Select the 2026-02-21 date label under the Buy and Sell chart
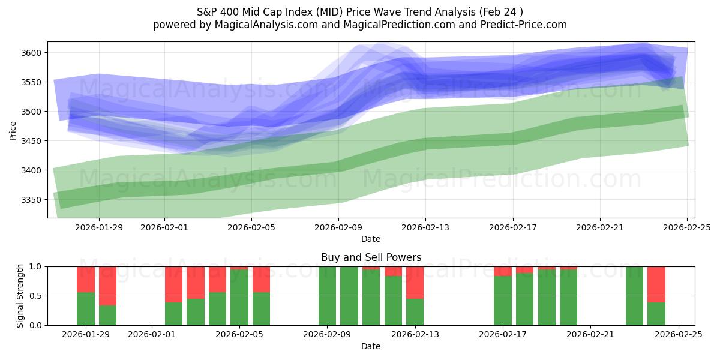[x=590, y=335]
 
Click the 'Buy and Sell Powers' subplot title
[x=371, y=257]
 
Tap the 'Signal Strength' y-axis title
[x=20, y=296]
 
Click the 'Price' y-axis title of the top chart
[x=13, y=130]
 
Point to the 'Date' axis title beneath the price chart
[x=371, y=239]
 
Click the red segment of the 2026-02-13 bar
[x=415, y=282]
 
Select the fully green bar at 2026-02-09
[x=328, y=296]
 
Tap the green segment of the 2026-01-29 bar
[x=86, y=309]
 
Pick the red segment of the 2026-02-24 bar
[x=656, y=284]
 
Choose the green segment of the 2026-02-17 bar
[x=503, y=301]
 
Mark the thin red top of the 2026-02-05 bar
[x=239, y=268]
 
